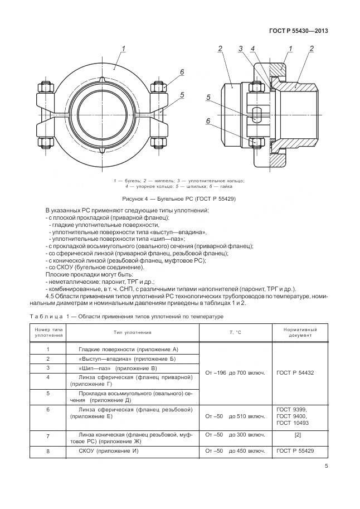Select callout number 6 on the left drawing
[182, 72]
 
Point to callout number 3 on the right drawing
[240, 49]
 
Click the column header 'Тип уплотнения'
[133, 332]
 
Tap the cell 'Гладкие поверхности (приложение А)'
[132, 348]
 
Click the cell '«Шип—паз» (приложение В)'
[118, 368]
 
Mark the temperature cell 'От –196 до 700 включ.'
[235, 372]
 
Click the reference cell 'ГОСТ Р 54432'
[295, 372]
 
